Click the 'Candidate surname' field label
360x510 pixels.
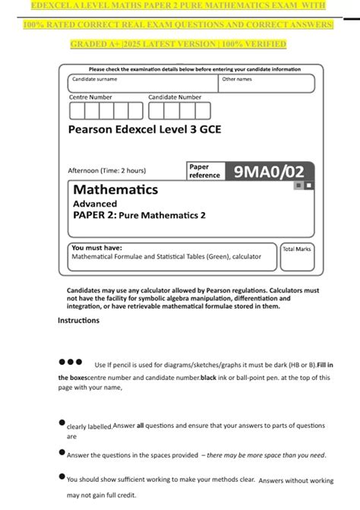[x=95, y=79]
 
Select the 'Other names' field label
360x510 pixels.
[x=237, y=79]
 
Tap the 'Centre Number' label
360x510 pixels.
[x=90, y=97]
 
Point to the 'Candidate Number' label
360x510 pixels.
[x=175, y=97]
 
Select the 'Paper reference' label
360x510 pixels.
[x=204, y=171]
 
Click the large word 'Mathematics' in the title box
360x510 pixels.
[x=115, y=189]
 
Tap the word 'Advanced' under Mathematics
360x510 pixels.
[x=95, y=204]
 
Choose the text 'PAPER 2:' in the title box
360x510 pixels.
[x=95, y=215]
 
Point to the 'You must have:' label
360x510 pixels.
[x=96, y=248]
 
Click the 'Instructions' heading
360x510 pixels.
[x=78, y=320]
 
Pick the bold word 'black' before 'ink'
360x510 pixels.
[x=213, y=378]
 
